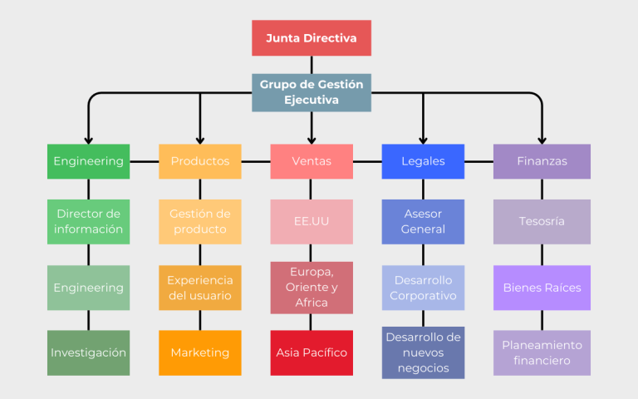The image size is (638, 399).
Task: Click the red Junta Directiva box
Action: (312, 38)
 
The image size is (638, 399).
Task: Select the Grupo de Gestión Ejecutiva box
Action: (312, 92)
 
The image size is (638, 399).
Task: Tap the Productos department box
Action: (200, 161)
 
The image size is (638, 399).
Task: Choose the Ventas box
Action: (312, 161)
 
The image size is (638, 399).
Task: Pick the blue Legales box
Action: (423, 161)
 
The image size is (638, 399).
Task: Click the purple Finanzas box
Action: (542, 161)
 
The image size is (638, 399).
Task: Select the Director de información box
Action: (88, 221)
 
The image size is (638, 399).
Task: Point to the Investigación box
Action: (88, 352)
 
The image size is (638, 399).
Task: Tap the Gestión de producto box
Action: (200, 221)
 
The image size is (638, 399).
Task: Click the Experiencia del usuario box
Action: (200, 288)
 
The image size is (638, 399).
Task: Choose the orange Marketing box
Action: (200, 352)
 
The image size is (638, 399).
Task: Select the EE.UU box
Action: (312, 221)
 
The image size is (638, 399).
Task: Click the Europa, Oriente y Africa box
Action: (312, 288)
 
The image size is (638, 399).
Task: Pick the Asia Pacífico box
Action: (312, 352)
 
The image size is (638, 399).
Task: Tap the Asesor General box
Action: (423, 221)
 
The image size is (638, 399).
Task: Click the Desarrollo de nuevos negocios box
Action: (423, 352)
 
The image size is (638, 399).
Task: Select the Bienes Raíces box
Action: (542, 288)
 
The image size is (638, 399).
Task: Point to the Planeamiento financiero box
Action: (542, 352)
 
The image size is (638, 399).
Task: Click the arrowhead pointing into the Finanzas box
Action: (542, 140)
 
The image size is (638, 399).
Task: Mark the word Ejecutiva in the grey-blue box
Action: (312, 100)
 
